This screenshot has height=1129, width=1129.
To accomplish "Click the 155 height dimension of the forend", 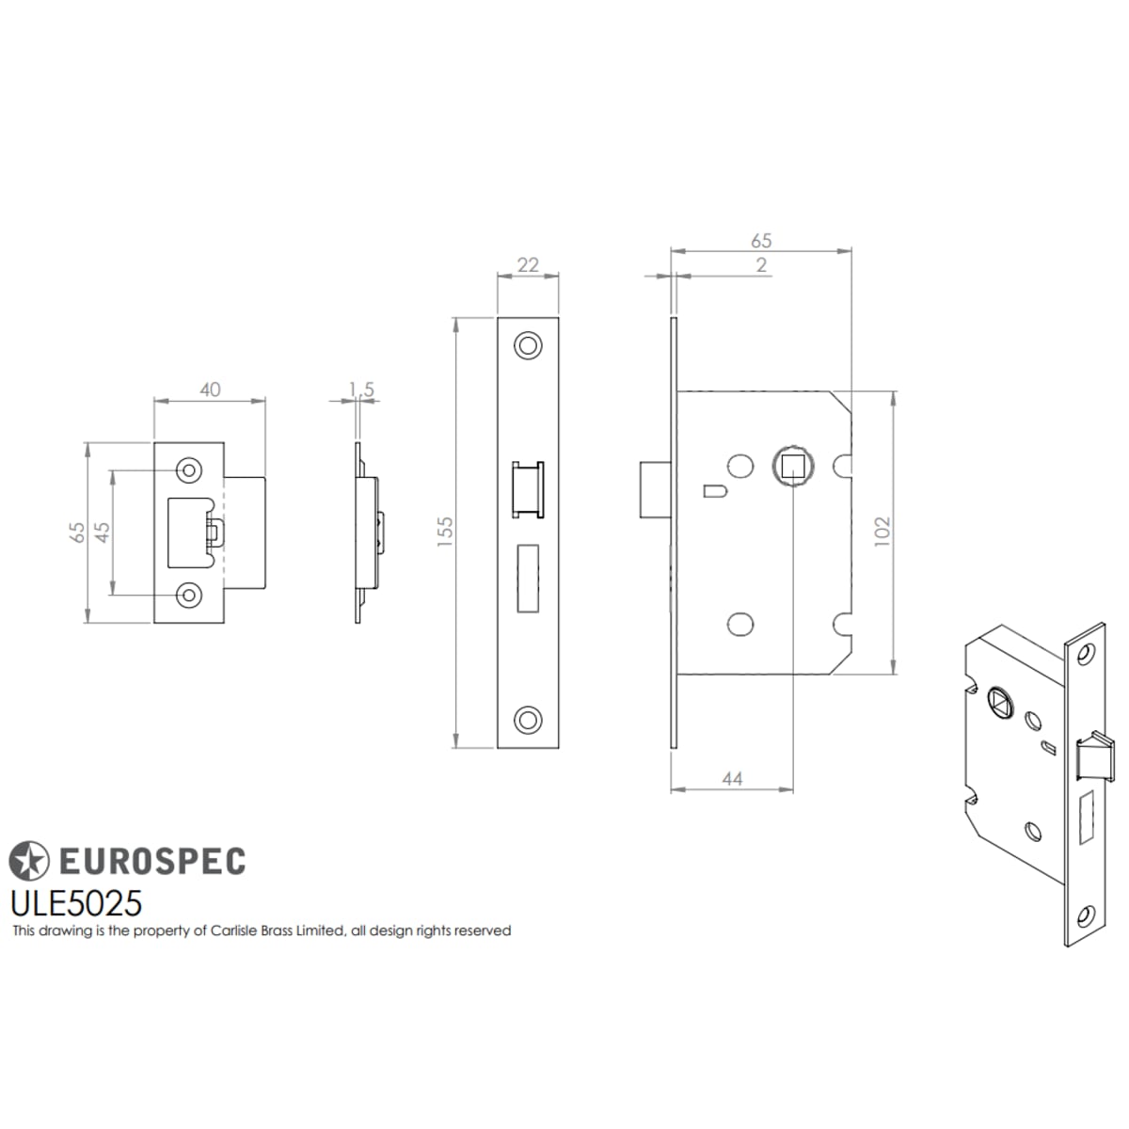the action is (x=445, y=532).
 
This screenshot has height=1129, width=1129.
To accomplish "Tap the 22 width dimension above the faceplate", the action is (x=528, y=264).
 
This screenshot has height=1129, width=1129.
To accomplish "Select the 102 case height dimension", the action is (x=883, y=532).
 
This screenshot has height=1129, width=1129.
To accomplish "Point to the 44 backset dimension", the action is (x=732, y=779).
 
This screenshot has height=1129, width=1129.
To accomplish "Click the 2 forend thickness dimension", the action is (x=761, y=264).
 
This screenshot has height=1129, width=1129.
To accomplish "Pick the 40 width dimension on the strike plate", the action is (x=210, y=389).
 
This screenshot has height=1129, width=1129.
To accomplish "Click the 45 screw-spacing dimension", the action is (x=103, y=532).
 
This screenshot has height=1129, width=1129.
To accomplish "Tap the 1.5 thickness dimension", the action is (x=361, y=389).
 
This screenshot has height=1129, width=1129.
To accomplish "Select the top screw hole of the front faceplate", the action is (x=527, y=345).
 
